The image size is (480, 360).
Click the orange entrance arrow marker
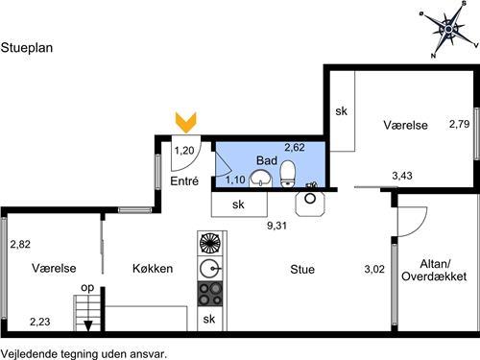pyautogui.click(x=186, y=123)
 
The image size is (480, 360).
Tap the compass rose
pyautogui.click(x=449, y=30)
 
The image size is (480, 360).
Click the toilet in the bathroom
pyautogui.click(x=287, y=174)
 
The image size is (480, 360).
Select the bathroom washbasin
pyautogui.click(x=260, y=179)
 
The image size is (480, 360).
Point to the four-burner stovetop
pyautogui.click(x=210, y=294)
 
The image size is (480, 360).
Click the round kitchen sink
pyautogui.click(x=210, y=268)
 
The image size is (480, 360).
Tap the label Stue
pyautogui.click(x=302, y=270)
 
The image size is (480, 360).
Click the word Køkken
pyautogui.click(x=153, y=268)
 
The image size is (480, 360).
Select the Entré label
pyautogui.click(x=184, y=181)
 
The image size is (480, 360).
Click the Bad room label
pyautogui.click(x=267, y=160)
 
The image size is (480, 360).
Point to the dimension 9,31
pyautogui.click(x=276, y=226)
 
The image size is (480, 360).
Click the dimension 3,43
pyautogui.click(x=402, y=176)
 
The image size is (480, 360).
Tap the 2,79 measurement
pyautogui.click(x=459, y=124)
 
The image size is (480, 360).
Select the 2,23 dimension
pyautogui.click(x=40, y=322)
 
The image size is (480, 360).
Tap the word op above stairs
pyautogui.click(x=87, y=288)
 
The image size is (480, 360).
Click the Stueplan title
pyautogui.click(x=27, y=48)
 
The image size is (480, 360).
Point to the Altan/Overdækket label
pyautogui.click(x=434, y=271)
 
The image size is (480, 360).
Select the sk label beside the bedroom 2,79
pyautogui.click(x=342, y=111)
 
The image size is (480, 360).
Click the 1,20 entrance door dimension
pyautogui.click(x=184, y=151)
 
